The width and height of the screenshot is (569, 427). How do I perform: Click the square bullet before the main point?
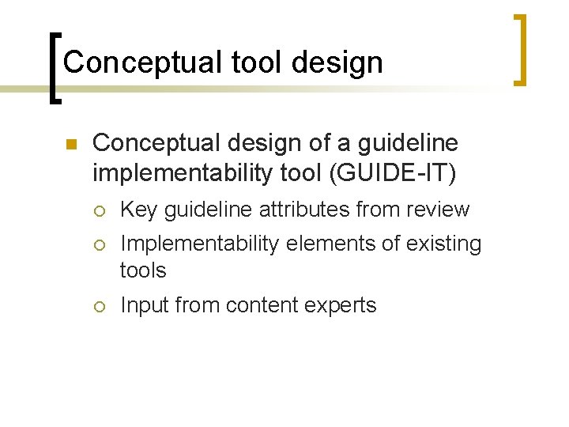[69, 145]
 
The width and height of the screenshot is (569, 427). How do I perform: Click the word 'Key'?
[138, 210]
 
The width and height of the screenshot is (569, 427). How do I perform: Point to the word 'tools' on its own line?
[143, 270]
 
